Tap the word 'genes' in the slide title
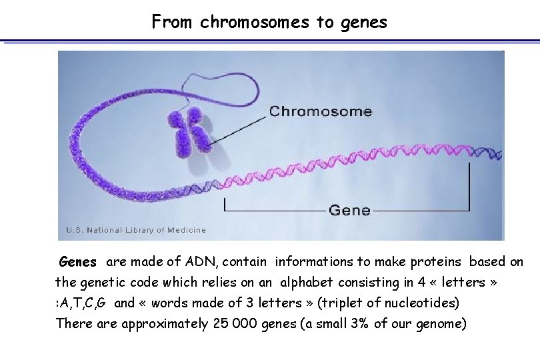point(363,22)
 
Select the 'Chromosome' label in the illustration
point(320,111)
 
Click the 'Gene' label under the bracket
point(349,210)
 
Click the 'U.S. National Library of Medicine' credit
point(136,230)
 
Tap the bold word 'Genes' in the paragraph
point(78,262)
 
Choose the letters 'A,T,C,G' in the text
point(81,303)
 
